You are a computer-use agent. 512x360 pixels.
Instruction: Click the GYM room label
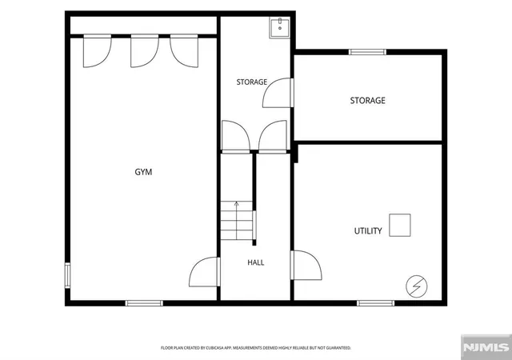[x=143, y=172]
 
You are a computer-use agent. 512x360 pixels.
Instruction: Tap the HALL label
[x=256, y=262]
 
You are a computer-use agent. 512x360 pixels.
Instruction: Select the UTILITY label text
[x=368, y=231]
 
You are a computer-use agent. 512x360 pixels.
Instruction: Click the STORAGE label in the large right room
[x=368, y=100]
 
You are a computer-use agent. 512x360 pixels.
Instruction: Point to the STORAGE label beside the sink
[x=252, y=82]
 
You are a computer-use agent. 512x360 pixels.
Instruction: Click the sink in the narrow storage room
[x=279, y=29]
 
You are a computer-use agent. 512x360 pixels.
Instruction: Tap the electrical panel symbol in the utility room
[x=416, y=286]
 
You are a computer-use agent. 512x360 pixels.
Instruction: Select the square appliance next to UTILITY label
[x=400, y=225]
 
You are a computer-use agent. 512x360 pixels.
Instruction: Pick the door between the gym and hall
[x=205, y=272]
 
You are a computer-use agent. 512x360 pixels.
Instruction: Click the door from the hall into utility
[x=306, y=266]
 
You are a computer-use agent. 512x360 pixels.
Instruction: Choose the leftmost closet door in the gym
[x=98, y=51]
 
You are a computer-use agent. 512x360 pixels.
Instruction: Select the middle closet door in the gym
[x=145, y=51]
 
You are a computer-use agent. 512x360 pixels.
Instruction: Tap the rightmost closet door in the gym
[x=184, y=51]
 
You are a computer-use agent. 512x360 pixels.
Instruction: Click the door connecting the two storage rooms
[x=278, y=93]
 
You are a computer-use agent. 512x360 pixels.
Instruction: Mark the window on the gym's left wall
[x=67, y=275]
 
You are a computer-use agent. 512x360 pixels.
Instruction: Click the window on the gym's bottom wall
[x=144, y=303]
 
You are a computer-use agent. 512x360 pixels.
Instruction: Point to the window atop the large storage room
[x=367, y=52]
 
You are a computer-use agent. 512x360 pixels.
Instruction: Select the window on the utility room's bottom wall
[x=375, y=303]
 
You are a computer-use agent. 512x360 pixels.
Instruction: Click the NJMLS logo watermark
[x=486, y=347]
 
